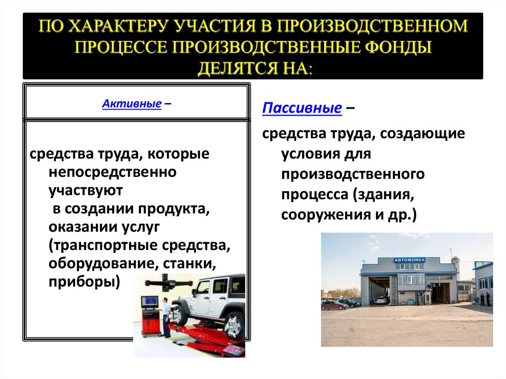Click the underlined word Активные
pos(132,104)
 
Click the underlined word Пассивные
pos(302,108)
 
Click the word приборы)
pos(84,281)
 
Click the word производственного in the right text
pos(354,174)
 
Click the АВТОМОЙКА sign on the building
pos(410,259)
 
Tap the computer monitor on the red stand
pos(150,301)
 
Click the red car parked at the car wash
pos(335,305)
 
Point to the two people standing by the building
pos(485,299)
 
